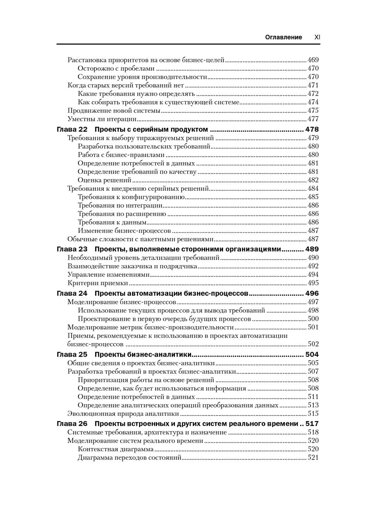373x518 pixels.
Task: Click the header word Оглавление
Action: (x=283, y=37)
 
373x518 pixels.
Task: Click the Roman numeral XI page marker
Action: (x=317, y=37)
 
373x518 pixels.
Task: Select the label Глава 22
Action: (x=72, y=129)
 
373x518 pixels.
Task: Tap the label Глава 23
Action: (x=72, y=249)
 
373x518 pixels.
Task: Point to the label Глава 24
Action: (x=72, y=293)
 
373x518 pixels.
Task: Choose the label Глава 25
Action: (x=72, y=354)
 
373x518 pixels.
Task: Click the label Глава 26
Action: (x=72, y=424)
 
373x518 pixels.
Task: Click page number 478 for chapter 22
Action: (x=312, y=129)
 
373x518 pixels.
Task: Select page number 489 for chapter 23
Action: (x=312, y=249)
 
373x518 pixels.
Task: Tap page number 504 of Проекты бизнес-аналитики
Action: (x=312, y=354)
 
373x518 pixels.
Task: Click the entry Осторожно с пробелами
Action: (x=116, y=68)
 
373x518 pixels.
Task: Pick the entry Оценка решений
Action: (x=104, y=180)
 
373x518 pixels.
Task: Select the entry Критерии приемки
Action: (x=98, y=283)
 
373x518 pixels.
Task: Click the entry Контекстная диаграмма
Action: (x=116, y=449)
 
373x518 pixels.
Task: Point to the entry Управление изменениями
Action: (x=109, y=274)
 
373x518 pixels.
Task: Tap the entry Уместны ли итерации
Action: (x=102, y=119)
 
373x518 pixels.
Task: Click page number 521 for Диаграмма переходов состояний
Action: (x=313, y=458)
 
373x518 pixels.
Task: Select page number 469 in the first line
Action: (x=313, y=60)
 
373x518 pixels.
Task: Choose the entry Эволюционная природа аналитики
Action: (x=123, y=413)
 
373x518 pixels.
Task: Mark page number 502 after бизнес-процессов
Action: (x=313, y=344)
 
